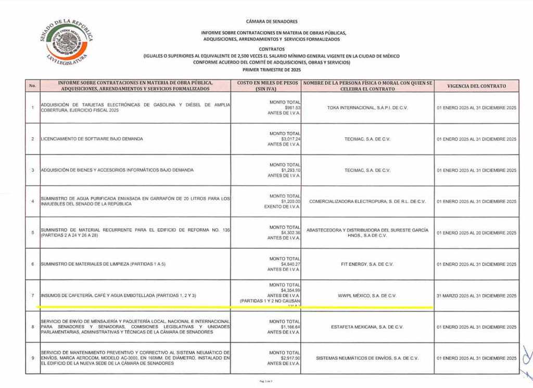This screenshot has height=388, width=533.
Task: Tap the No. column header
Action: pyautogui.click(x=32, y=86)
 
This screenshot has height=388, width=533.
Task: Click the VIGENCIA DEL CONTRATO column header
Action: pyautogui.click(x=477, y=86)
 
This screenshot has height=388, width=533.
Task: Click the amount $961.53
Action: pyautogui.click(x=291, y=108)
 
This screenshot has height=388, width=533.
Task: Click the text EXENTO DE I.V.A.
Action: pyautogui.click(x=284, y=207)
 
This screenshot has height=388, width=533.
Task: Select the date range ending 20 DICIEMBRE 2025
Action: pyautogui.click(x=477, y=232)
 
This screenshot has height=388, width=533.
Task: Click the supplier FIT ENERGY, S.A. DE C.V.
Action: pyautogui.click(x=367, y=264)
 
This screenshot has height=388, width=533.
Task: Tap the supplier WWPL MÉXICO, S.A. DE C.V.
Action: pyautogui.click(x=367, y=295)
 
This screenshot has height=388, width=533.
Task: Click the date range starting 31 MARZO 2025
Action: pyautogui.click(x=477, y=295)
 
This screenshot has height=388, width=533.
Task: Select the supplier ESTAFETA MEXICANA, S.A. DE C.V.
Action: pyautogui.click(x=367, y=327)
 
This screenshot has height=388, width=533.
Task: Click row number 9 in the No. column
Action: pyautogui.click(x=32, y=358)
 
